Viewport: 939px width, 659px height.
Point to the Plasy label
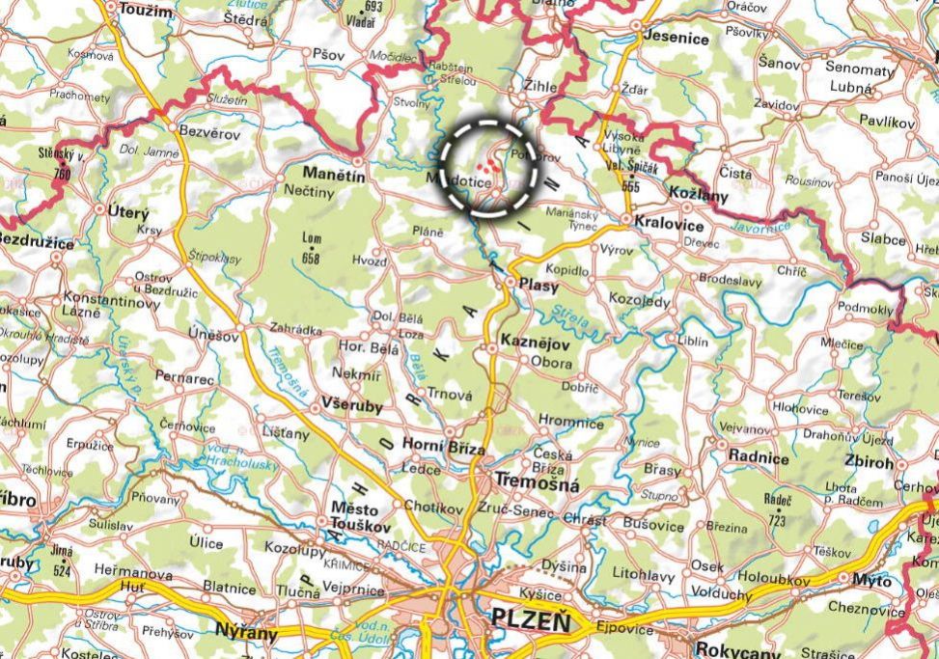point(539,284)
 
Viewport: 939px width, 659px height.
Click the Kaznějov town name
point(536,344)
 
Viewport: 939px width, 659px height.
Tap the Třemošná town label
point(537,484)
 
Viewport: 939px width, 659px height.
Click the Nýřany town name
point(247,634)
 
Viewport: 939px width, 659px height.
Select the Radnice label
point(759,458)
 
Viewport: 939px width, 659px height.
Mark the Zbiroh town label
point(868,462)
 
